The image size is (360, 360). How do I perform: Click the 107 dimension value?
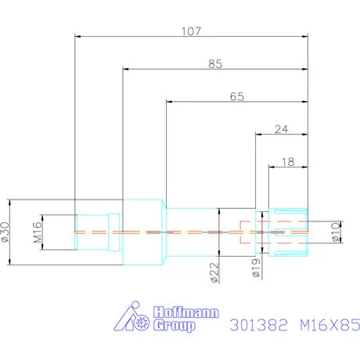click(191, 32)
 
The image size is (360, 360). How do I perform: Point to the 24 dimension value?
click(283, 130)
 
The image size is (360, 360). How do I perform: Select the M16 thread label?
click(37, 232)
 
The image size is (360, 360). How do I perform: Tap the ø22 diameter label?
click(213, 272)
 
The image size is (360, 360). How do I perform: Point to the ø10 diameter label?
click(336, 232)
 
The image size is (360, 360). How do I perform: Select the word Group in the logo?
click(174, 325)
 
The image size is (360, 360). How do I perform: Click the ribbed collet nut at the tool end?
click(289, 232)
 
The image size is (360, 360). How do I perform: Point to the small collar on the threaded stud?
click(115, 232)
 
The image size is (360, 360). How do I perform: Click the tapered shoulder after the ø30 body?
click(165, 232)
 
